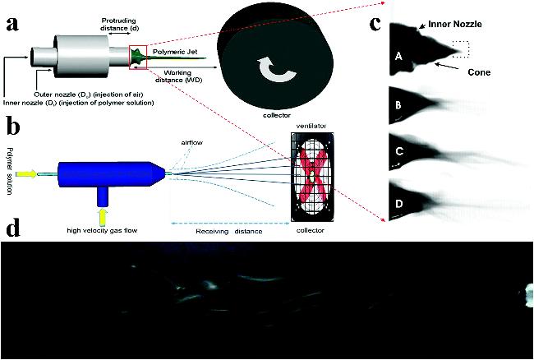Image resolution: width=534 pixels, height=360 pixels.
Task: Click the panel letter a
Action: pos(14,22)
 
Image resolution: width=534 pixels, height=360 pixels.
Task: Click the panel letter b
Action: pos(13,127)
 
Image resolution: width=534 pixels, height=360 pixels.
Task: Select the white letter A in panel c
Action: pos(398,56)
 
